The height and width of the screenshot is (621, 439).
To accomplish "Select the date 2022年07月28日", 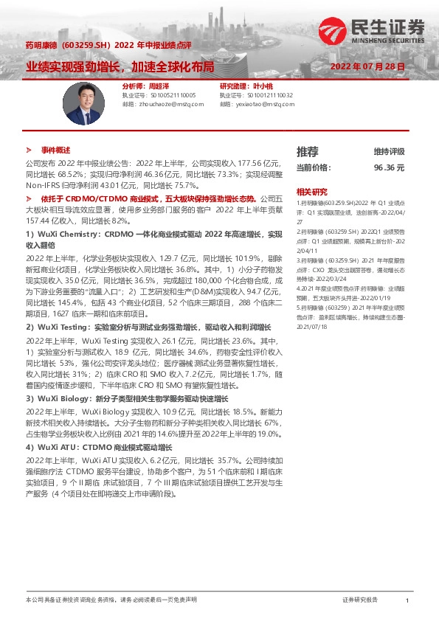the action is [x=368, y=66].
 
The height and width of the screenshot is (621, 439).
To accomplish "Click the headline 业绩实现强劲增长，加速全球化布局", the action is [x=120, y=66].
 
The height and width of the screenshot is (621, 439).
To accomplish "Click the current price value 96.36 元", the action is [x=389, y=167].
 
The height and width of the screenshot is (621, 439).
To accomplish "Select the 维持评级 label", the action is [x=389, y=152].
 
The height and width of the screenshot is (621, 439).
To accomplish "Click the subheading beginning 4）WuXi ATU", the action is [x=99, y=447].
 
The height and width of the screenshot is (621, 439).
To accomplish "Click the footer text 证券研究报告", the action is [x=360, y=601].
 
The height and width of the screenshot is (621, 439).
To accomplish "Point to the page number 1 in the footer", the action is [x=407, y=601].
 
